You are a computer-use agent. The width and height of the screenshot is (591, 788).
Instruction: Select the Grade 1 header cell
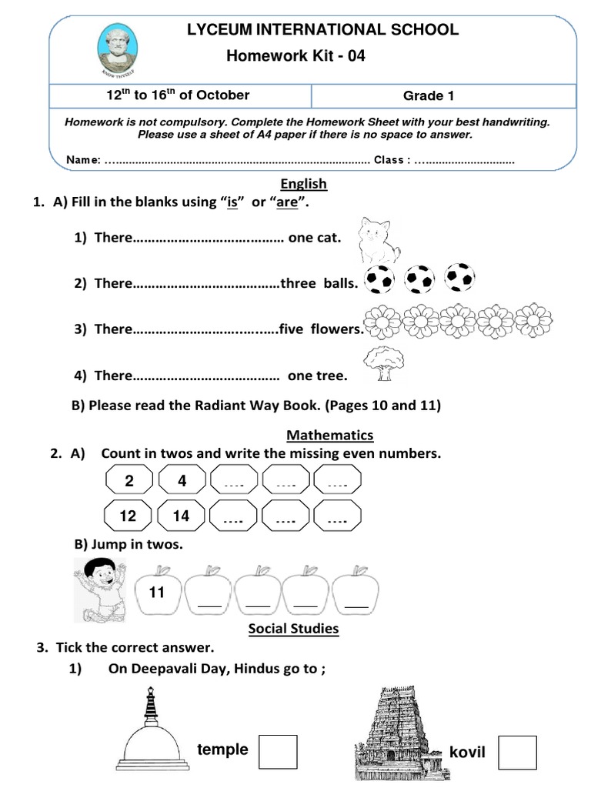tap(423, 96)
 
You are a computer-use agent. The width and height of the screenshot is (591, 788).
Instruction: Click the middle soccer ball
tap(420, 279)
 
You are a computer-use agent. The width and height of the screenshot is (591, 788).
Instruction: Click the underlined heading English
tap(304, 184)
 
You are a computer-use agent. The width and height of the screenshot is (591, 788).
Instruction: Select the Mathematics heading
tap(329, 435)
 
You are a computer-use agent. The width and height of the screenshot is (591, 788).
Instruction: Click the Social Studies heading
tap(293, 629)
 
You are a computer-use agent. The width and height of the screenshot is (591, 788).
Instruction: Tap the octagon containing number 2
tap(129, 482)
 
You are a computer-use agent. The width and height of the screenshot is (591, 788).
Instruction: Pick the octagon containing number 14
tap(181, 516)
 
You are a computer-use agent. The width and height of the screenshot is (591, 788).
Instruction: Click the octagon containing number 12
tap(128, 516)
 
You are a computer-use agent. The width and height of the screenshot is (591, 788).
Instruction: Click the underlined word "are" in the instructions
tap(286, 203)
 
